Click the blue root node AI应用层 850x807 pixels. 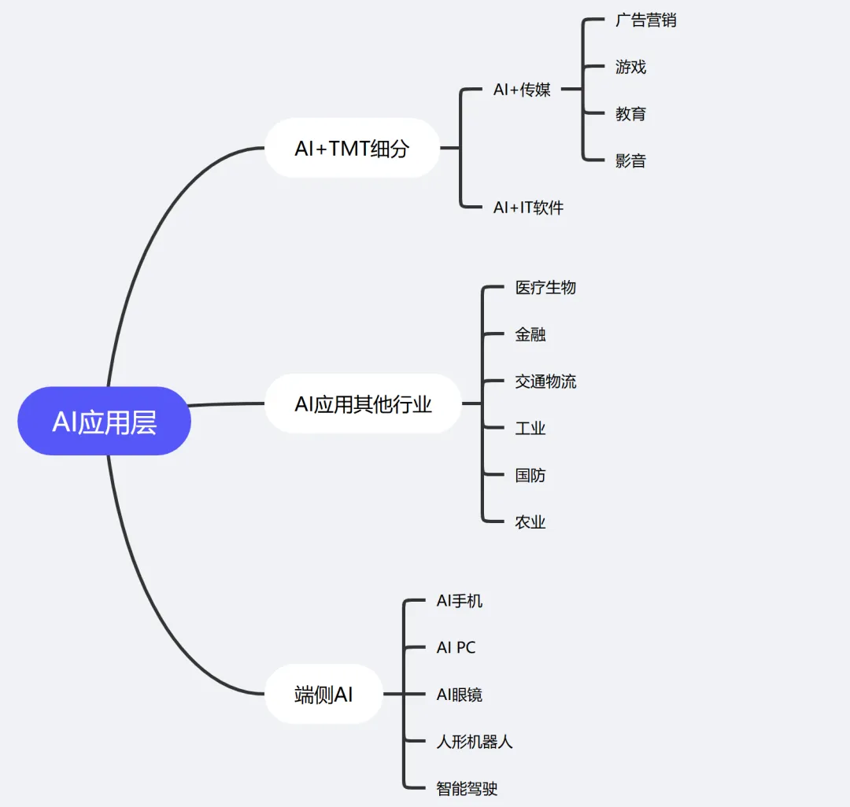105,422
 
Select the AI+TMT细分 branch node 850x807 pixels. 352,148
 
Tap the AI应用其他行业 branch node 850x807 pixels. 363,404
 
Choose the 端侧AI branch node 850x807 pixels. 323,695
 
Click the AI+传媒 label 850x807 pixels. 522,90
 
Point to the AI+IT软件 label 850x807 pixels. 528,208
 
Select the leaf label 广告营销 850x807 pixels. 645,20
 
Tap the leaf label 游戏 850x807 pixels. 630,67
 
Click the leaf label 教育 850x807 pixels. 630,114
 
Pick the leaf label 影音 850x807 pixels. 630,161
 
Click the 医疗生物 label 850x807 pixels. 545,288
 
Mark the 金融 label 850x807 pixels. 530,334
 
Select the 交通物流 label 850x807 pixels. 545,381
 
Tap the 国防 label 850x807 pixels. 530,475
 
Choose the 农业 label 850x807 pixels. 530,521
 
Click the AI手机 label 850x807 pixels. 460,601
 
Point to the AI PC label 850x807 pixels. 456,647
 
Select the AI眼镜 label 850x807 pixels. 460,695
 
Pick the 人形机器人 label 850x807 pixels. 475,742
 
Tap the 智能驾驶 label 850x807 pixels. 468,788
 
